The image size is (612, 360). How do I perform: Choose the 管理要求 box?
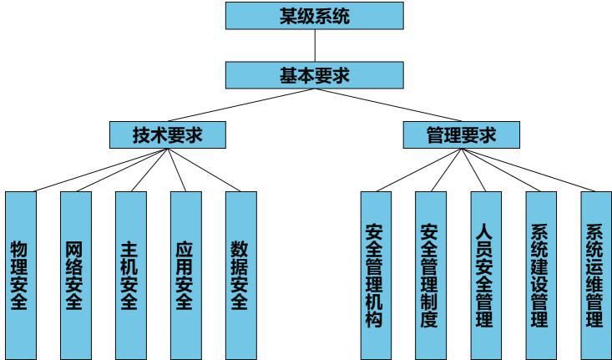click(461, 134)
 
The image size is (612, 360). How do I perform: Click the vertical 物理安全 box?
click(21, 275)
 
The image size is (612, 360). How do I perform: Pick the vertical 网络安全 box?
click(76, 275)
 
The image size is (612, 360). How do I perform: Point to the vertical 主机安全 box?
click(131, 275)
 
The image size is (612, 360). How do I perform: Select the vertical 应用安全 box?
click(185, 275)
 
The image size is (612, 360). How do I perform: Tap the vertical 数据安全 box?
click(240, 275)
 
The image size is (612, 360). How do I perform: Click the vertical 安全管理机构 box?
click(375, 275)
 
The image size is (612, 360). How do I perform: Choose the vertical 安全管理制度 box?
click(430, 275)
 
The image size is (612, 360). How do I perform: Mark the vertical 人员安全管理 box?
click(484, 275)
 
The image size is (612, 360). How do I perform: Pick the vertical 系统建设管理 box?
click(539, 275)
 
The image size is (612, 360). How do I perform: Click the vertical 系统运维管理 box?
click(594, 275)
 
